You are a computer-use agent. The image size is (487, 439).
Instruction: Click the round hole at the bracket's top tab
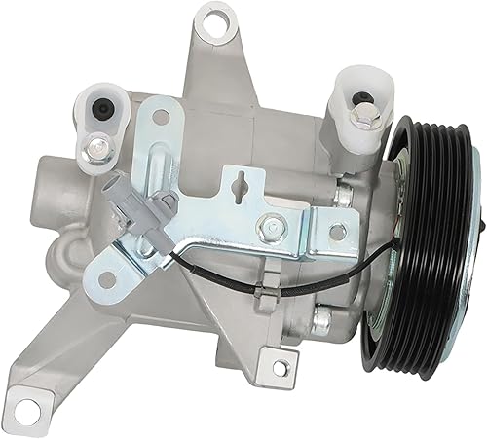click(160, 119)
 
